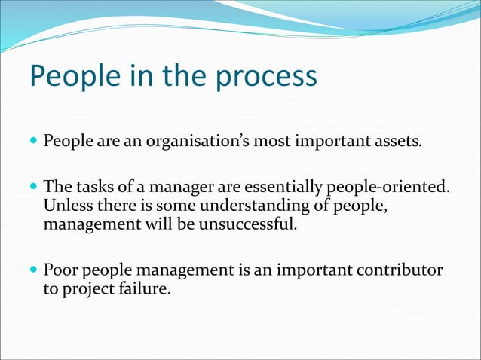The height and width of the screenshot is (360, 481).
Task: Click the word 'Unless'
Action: click(x=67, y=206)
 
